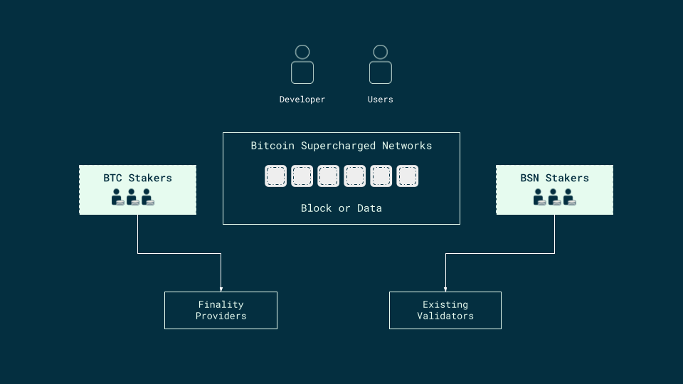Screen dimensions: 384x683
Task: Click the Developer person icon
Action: tap(302, 65)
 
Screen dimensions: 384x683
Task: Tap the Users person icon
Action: tap(381, 65)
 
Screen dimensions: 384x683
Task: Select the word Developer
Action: tap(302, 100)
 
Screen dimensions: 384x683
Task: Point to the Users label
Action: tap(381, 100)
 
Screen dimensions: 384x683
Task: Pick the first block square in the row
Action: tap(276, 176)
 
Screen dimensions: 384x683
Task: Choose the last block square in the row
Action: tap(407, 176)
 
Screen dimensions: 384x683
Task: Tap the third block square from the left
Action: tap(329, 176)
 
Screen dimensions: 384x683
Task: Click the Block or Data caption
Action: tap(341, 208)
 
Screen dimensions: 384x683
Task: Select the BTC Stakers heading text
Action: tap(137, 178)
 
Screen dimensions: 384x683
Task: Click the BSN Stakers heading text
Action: tap(554, 178)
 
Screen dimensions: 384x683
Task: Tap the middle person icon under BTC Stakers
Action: tap(132, 197)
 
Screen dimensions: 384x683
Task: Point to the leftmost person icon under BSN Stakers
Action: tap(539, 197)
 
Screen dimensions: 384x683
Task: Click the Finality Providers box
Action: tap(221, 310)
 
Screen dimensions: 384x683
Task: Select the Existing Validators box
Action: tap(445, 310)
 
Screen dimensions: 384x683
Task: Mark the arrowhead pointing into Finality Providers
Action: tap(221, 289)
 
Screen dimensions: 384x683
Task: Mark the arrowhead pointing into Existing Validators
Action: tap(445, 289)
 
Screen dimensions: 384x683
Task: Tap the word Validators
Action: tap(445, 316)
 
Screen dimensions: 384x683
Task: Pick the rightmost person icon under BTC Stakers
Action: tap(147, 197)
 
